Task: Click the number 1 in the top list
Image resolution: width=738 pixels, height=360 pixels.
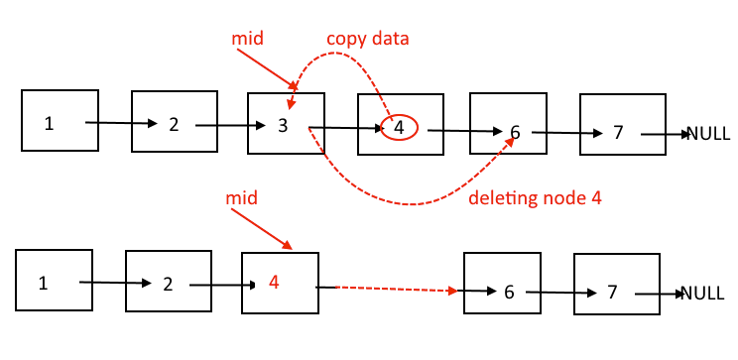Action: pos(49,123)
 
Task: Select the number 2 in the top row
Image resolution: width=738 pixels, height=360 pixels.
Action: pos(174,124)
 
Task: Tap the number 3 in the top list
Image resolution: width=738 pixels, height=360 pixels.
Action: pos(284,126)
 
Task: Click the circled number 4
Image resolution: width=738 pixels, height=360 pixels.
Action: pos(399,127)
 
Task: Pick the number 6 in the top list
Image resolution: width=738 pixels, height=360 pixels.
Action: pos(514,132)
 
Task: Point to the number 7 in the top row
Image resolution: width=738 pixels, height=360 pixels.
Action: pos(618,132)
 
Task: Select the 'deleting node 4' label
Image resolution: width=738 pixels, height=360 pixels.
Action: pos(535,197)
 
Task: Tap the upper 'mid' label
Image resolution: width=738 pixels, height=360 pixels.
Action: pos(246,38)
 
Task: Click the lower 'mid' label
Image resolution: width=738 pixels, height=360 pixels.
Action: pos(242,198)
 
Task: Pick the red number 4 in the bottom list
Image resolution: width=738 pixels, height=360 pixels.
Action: pos(274,282)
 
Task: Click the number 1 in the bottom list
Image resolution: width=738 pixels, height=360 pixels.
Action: pos(43,282)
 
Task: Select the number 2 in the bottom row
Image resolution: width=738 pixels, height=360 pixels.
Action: pos(168,284)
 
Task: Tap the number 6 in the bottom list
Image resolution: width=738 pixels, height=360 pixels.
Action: pos(509,292)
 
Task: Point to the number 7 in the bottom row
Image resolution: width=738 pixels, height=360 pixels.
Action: pos(612,292)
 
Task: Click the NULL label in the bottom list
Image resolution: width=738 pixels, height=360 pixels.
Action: pos(702,294)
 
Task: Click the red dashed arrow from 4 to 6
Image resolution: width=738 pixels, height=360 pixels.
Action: pos(391,290)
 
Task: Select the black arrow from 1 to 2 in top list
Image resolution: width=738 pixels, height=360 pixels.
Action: pos(120,124)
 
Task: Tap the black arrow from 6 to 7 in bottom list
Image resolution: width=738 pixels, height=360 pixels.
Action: pos(561,294)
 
